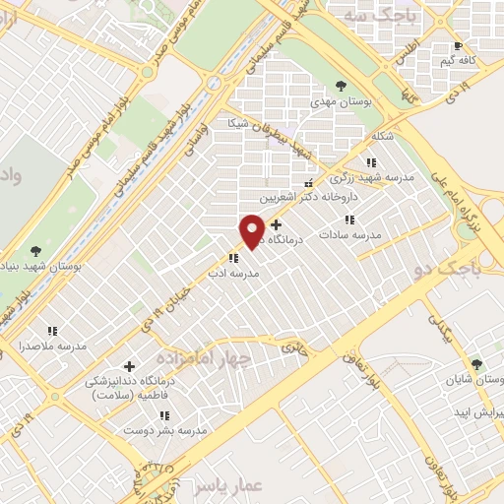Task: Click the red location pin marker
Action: (252, 230)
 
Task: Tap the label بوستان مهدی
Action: (341, 101)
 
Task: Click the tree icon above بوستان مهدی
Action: (341, 86)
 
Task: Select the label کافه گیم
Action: (459, 61)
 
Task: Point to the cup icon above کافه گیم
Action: (458, 45)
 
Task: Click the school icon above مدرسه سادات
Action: (350, 220)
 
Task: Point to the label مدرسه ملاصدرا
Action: (51, 346)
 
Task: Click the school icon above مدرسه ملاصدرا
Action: (51, 331)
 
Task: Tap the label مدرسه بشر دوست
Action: (164, 431)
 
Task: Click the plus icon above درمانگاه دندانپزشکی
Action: (129, 366)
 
